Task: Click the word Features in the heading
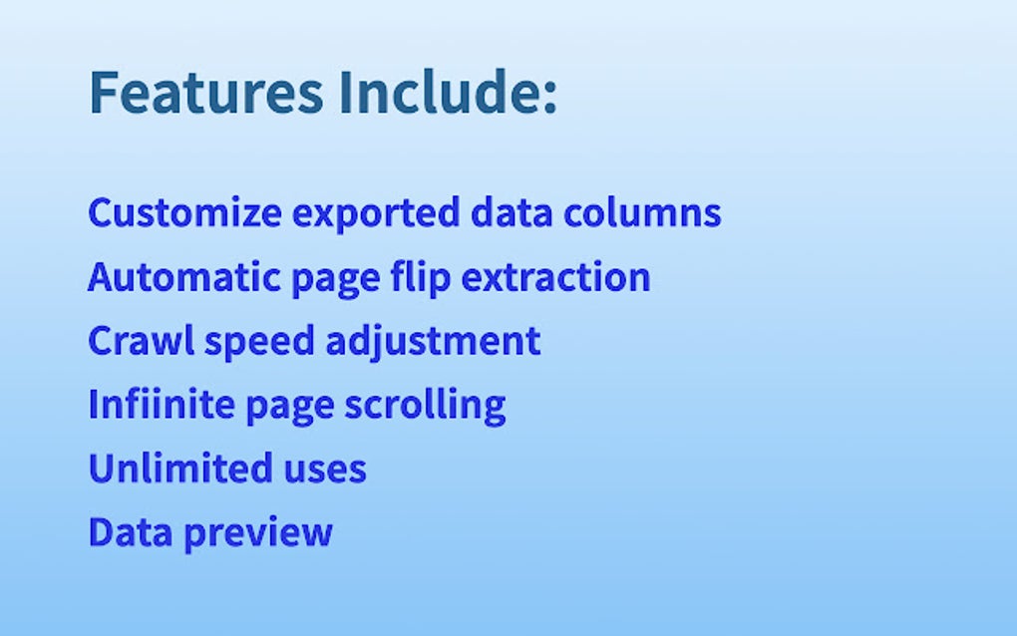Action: coord(205,92)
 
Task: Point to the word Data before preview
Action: coord(123,531)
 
